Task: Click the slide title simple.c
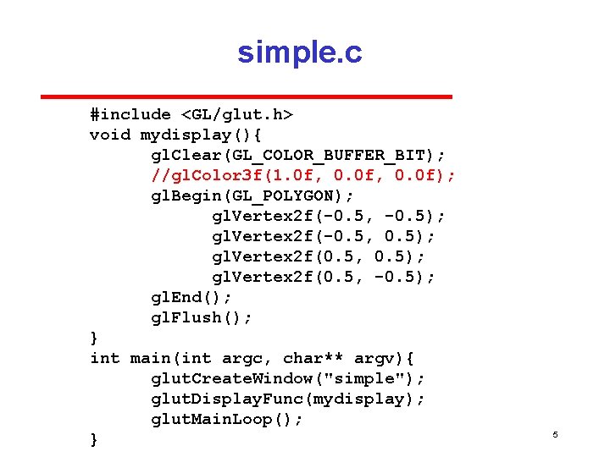point(300,52)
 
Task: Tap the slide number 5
point(555,434)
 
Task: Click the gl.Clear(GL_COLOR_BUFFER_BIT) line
point(298,155)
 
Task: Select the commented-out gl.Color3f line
point(303,175)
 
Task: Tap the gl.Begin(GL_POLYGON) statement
point(252,195)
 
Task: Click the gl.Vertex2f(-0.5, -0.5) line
point(329,216)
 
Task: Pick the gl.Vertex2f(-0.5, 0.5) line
point(324,236)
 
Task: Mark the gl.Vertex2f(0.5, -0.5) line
point(324,277)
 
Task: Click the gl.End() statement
point(191,297)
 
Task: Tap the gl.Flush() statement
point(202,317)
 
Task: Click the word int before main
point(105,358)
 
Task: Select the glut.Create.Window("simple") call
point(288,378)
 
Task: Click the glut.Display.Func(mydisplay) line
point(288,399)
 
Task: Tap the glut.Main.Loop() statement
point(227,419)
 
